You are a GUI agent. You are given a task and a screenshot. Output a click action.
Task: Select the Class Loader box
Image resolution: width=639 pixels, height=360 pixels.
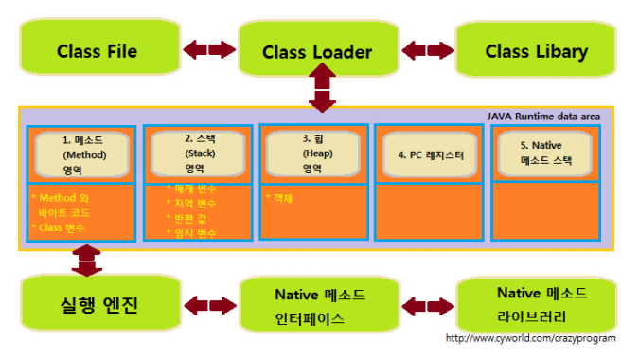click(316, 51)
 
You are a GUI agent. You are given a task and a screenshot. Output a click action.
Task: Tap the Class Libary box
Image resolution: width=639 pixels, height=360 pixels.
click(536, 51)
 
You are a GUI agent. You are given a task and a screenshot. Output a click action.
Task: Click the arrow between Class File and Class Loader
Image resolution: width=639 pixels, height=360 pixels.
click(209, 48)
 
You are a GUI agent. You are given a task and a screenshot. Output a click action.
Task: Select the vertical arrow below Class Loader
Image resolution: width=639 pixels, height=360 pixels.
click(322, 93)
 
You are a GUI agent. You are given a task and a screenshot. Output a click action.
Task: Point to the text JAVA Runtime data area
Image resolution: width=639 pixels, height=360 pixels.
click(543, 116)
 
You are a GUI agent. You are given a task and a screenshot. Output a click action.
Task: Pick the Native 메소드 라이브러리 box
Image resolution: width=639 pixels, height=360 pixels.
click(536, 303)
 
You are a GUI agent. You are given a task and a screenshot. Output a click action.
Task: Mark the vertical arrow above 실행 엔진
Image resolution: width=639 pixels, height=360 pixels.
click(86, 261)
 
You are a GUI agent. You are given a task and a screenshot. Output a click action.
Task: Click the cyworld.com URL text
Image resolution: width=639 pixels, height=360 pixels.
click(530, 338)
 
